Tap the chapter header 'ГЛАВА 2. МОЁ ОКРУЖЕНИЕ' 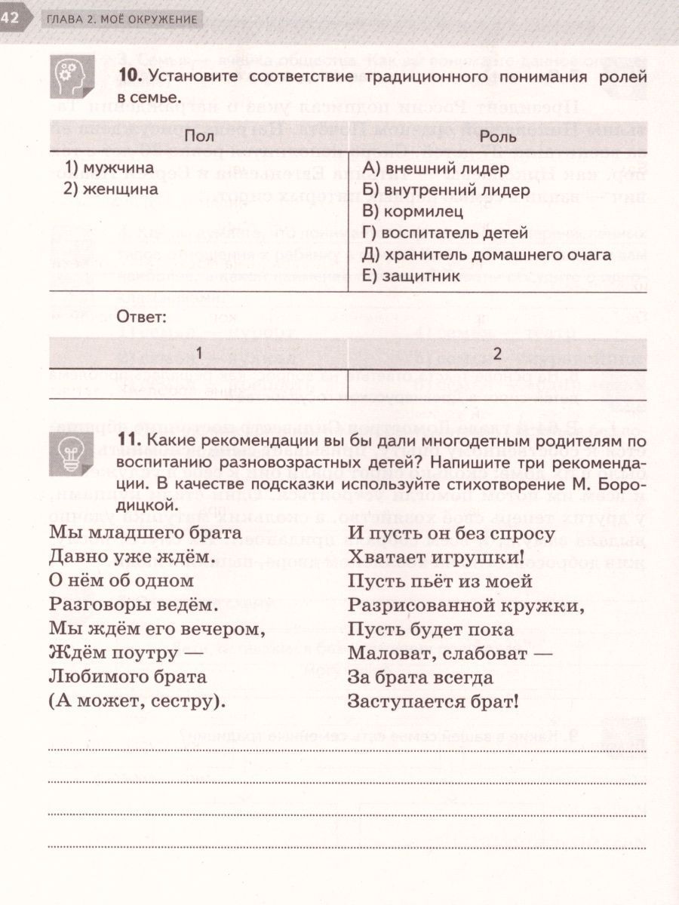(121, 19)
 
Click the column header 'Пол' (198, 137)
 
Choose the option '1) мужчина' (109, 167)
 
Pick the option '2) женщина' (112, 189)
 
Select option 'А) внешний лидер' (435, 168)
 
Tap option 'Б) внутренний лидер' (446, 190)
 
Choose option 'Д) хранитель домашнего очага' (487, 255)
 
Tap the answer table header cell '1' (198, 353)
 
